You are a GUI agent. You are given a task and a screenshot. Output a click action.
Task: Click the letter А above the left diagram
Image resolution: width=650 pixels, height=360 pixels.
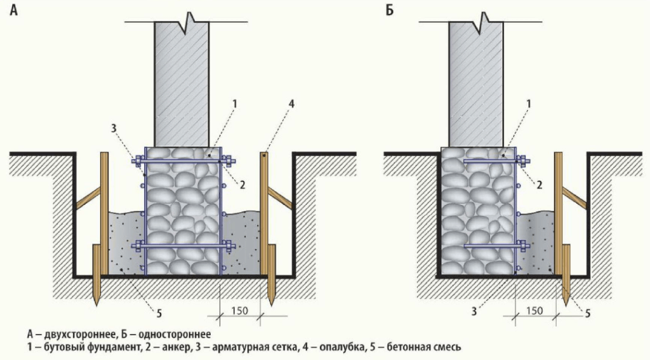tap(13, 11)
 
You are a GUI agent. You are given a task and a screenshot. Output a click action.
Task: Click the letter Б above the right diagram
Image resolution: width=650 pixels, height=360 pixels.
tap(388, 11)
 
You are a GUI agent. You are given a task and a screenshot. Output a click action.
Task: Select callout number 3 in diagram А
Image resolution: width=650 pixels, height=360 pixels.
tap(114, 128)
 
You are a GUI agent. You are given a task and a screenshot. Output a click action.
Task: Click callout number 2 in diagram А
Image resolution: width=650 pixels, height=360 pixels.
tap(243, 184)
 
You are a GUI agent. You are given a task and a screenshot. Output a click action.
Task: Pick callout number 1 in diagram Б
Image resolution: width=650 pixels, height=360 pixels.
tap(529, 103)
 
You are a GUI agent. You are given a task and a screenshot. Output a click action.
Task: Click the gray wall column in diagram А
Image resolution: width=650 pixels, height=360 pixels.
tap(182, 83)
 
